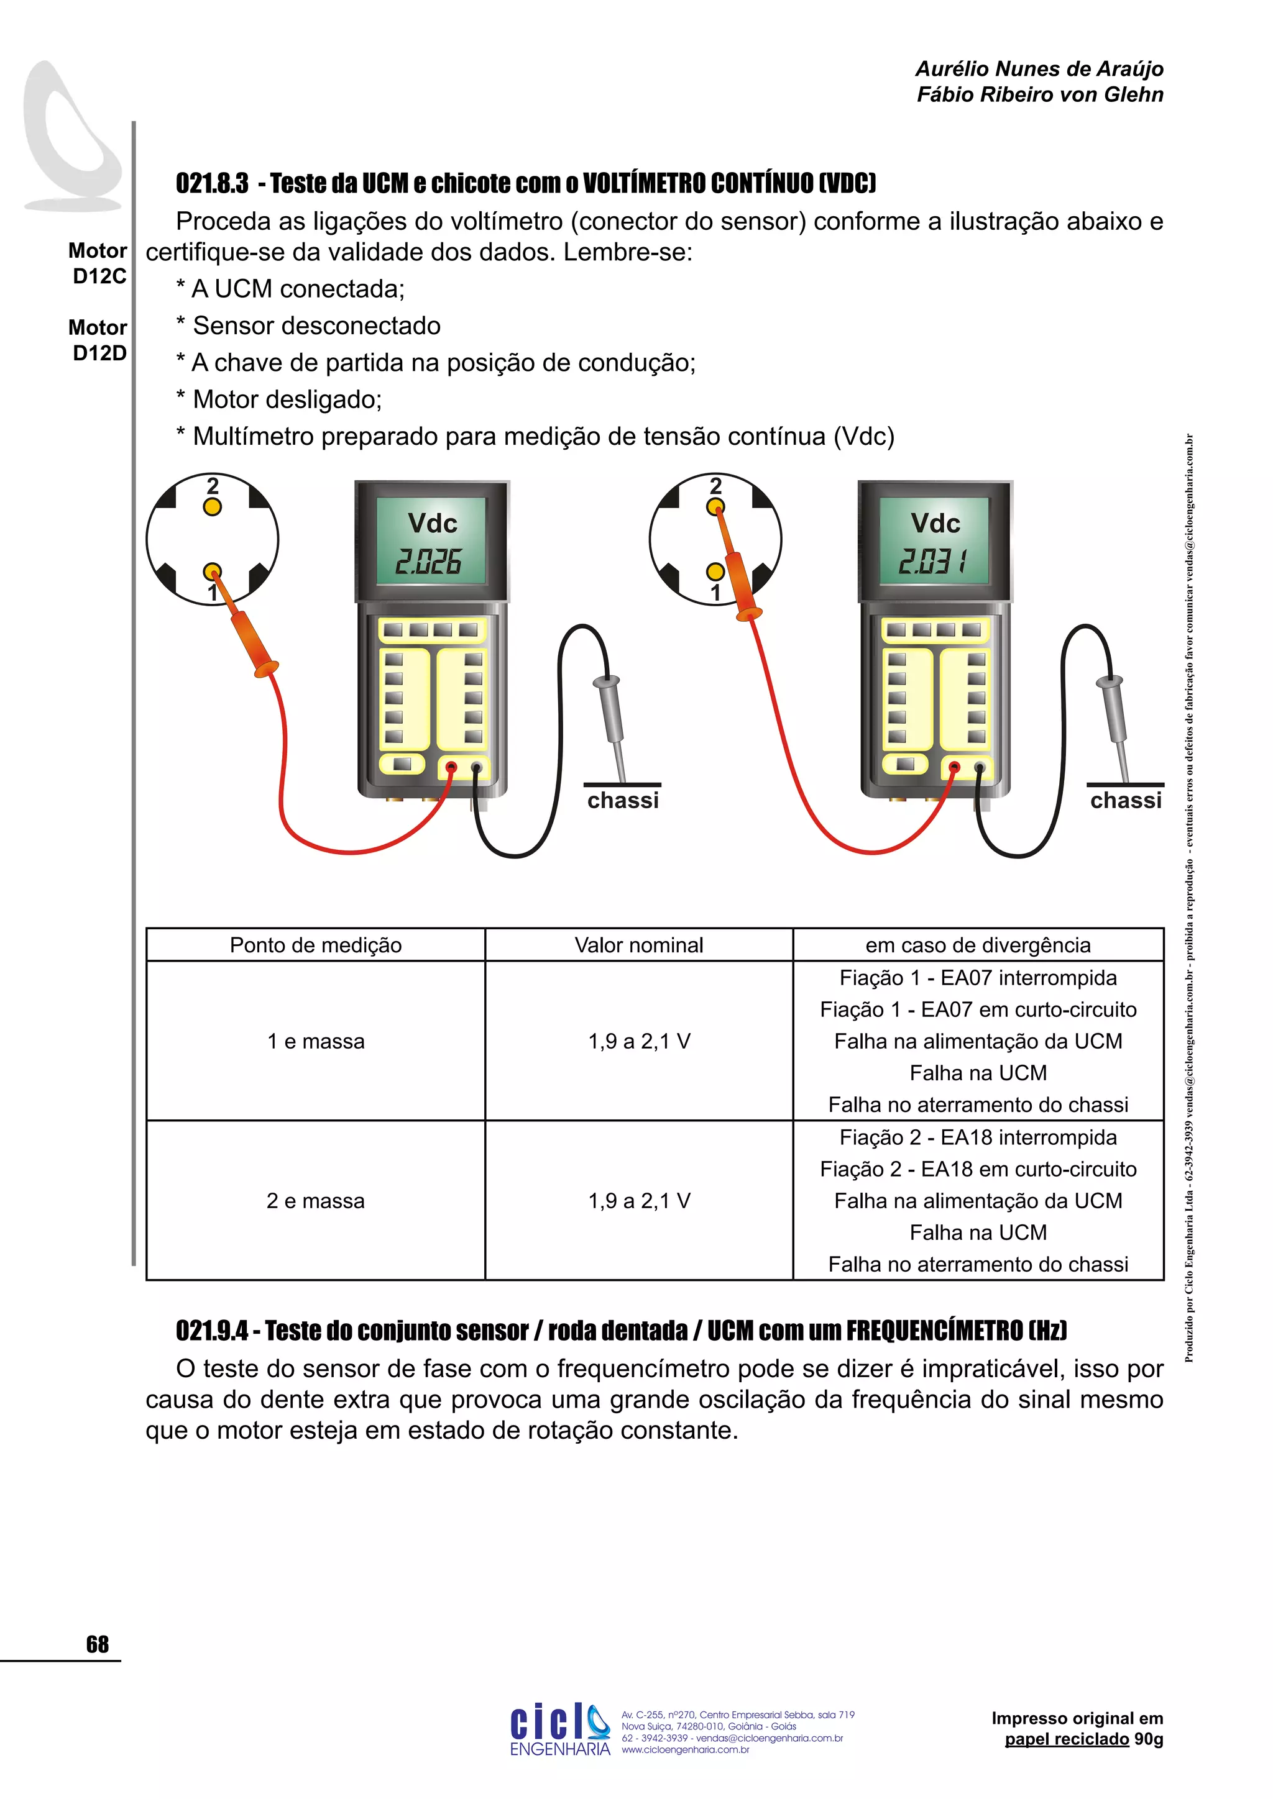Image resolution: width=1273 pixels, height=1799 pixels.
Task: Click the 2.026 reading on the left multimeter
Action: coord(428,562)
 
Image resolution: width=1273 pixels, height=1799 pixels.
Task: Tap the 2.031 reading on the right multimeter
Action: coord(931,562)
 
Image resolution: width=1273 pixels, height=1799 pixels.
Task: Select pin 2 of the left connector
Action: coord(213,507)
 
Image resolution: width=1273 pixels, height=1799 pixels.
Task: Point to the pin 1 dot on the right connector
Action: coord(715,572)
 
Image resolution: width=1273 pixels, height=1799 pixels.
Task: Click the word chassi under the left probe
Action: coord(623,801)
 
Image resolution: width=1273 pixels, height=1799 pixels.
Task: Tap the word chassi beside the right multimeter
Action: coord(1126,801)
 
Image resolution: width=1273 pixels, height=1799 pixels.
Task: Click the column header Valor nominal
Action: coord(639,945)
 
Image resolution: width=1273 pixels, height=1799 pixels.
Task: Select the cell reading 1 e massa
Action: coord(316,1041)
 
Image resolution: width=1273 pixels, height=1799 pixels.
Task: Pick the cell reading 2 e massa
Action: coord(316,1201)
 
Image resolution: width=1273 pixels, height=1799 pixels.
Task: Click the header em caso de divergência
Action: coord(978,945)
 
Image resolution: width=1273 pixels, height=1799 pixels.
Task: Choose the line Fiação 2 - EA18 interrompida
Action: coord(978,1137)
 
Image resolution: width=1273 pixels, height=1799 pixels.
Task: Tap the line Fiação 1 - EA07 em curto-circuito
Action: coord(978,1010)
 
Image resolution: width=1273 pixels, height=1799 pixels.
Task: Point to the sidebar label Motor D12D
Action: coord(98,340)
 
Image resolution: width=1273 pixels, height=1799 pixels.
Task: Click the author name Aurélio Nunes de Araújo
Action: coord(1039,69)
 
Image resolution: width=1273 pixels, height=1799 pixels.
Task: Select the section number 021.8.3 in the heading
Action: coord(211,183)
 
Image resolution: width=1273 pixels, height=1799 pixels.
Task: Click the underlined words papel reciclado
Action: coord(1066,1739)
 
